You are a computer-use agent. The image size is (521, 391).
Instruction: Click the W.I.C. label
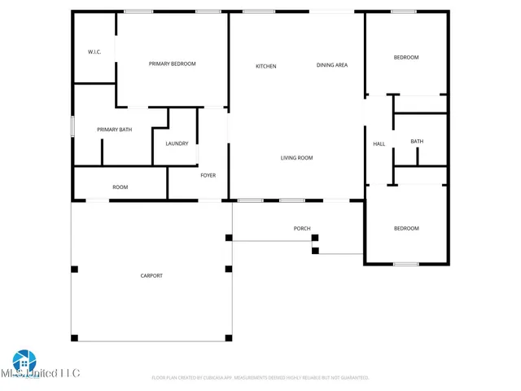pyautogui.click(x=94, y=52)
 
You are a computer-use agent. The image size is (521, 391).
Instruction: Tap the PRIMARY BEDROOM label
pyautogui.click(x=172, y=64)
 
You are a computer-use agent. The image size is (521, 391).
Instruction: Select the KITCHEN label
pyautogui.click(x=266, y=66)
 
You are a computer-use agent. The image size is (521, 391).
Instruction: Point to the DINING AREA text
pyautogui.click(x=332, y=65)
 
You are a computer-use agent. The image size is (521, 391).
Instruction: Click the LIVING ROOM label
pyautogui.click(x=296, y=158)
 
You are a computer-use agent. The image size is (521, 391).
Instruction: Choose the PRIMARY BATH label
pyautogui.click(x=114, y=130)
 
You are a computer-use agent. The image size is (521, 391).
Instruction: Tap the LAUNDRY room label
pyautogui.click(x=177, y=143)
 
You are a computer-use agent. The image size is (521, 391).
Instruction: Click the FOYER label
pyautogui.click(x=208, y=175)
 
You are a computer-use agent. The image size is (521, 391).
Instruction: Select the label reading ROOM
pyautogui.click(x=120, y=187)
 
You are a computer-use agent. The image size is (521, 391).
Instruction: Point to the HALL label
pyautogui.click(x=379, y=144)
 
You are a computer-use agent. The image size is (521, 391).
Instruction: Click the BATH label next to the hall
pyautogui.click(x=417, y=142)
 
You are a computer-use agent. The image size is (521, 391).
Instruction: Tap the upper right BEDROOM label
pyautogui.click(x=406, y=57)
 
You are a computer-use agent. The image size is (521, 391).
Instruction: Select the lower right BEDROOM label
pyautogui.click(x=406, y=228)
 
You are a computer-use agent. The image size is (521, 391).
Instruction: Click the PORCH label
pyautogui.click(x=302, y=228)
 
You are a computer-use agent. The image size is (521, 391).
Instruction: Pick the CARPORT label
pyautogui.click(x=151, y=275)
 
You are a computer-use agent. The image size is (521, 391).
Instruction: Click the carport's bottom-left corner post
pyautogui.click(x=74, y=337)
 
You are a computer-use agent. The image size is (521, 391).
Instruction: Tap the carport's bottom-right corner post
pyautogui.click(x=229, y=337)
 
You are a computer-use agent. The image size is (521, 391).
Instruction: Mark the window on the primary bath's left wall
pyautogui.click(x=73, y=127)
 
